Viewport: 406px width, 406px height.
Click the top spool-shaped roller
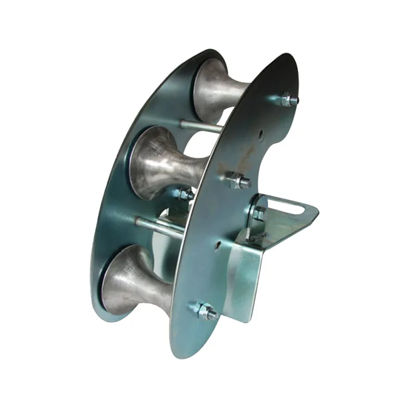(x=217, y=87)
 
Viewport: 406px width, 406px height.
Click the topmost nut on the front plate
(x=288, y=100)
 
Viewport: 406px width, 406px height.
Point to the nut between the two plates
(x=186, y=194)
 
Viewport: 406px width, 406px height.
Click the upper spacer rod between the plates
(x=200, y=128)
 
